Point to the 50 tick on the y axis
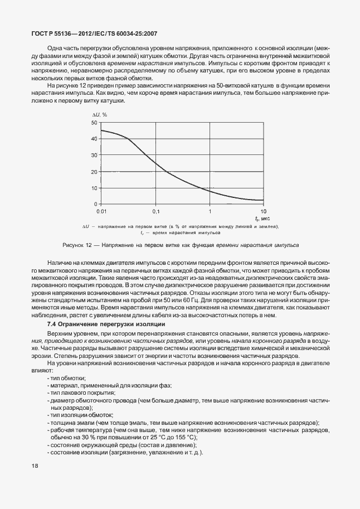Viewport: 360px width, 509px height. pos(95,122)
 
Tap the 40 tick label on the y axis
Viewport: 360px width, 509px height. pos(95,138)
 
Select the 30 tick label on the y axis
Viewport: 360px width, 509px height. pos(95,154)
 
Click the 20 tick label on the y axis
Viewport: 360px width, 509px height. pos(95,171)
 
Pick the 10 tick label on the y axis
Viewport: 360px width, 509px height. pos(95,187)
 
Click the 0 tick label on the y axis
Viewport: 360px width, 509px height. pos(96,204)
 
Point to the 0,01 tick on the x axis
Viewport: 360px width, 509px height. pos(101,212)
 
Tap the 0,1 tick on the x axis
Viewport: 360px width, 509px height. pos(155,212)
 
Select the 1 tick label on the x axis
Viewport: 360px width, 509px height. pos(210,212)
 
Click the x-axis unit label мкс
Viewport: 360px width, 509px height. pos(265,219)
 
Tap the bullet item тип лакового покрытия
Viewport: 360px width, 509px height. pos(79,393)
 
